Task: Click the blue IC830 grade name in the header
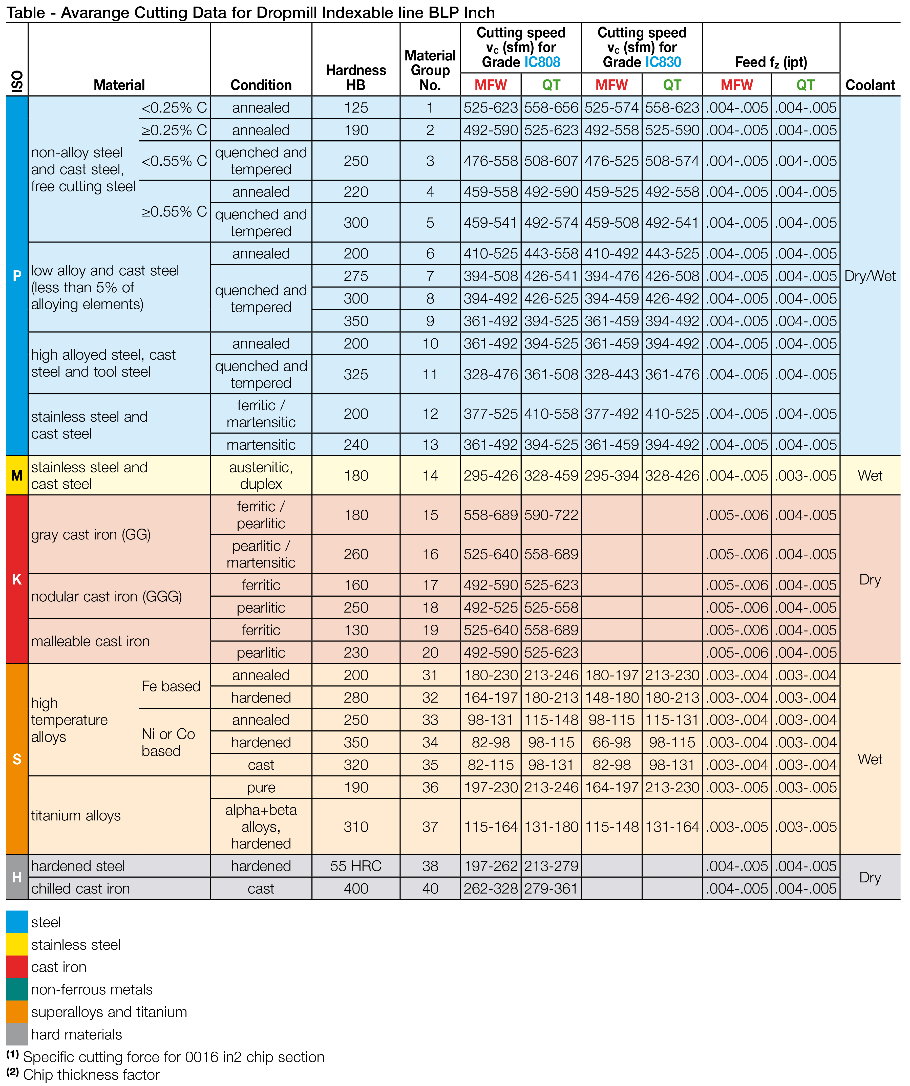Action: click(x=663, y=62)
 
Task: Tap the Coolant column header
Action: click(x=870, y=85)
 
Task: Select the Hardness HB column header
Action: click(x=356, y=78)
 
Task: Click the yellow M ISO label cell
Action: click(x=17, y=475)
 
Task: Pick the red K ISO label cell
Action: click(x=17, y=579)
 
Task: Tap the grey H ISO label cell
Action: click(x=17, y=877)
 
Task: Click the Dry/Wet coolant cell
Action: click(x=870, y=276)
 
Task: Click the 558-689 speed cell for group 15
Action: click(x=491, y=515)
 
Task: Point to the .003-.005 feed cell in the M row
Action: click(x=806, y=475)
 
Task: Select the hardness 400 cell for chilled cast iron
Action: click(x=356, y=888)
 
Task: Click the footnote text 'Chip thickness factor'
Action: click(x=92, y=1075)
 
